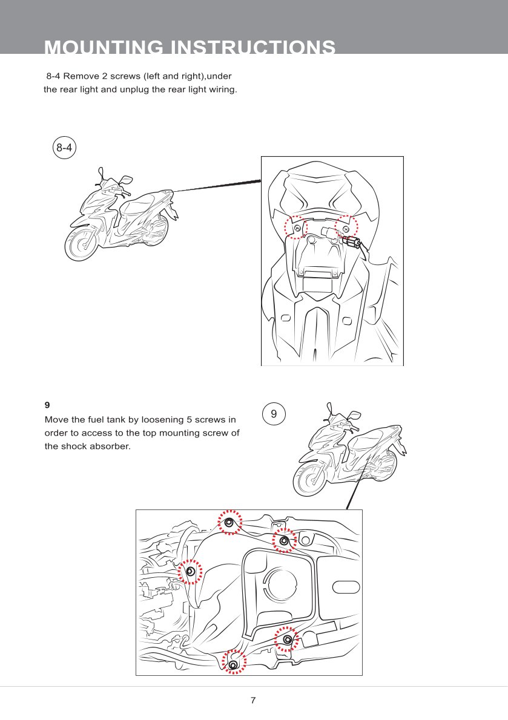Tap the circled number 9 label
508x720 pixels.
[274, 414]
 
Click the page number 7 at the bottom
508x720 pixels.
[253, 701]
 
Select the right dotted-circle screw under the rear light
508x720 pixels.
[346, 228]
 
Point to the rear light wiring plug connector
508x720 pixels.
[351, 242]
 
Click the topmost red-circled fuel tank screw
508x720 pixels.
[229, 522]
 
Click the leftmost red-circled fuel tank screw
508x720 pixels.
[190, 571]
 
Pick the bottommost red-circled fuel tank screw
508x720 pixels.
[234, 664]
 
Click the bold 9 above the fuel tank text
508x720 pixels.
[47, 404]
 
